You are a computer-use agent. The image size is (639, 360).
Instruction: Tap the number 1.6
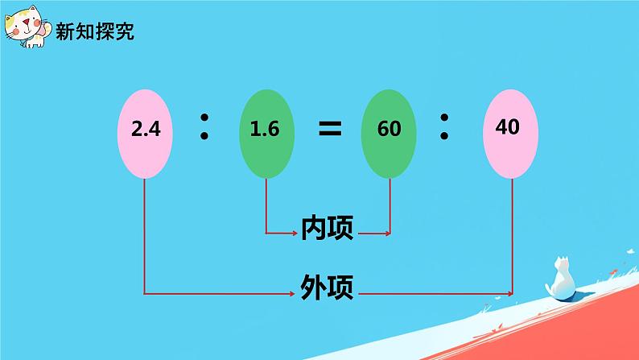pyautogui.click(x=265, y=129)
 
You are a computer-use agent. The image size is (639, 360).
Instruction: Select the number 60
pyautogui.click(x=389, y=129)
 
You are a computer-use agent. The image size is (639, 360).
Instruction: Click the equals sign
pyautogui.click(x=328, y=129)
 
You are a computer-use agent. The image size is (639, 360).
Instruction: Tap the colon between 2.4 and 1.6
pyautogui.click(x=204, y=128)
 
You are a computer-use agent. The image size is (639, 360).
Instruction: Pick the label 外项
pyautogui.click(x=327, y=287)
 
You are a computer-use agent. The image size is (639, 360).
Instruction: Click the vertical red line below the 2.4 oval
pyautogui.click(x=144, y=234)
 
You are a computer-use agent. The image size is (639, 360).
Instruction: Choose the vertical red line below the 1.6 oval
pyautogui.click(x=266, y=205)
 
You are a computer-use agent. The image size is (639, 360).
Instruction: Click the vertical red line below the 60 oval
pyautogui.click(x=391, y=205)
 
